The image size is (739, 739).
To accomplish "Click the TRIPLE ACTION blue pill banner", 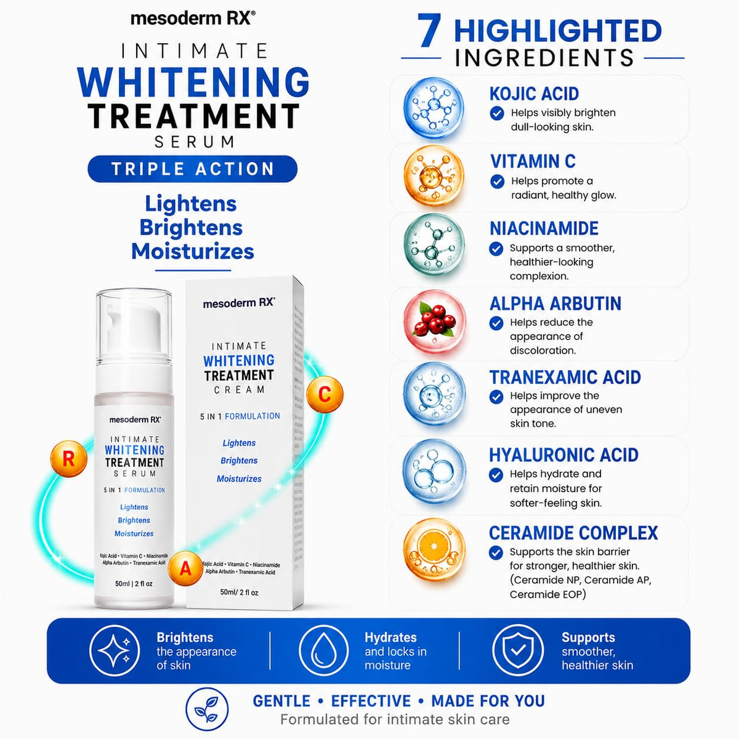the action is (x=192, y=169).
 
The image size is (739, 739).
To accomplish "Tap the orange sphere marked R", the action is (x=69, y=459).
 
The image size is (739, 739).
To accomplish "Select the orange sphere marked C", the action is (x=325, y=394).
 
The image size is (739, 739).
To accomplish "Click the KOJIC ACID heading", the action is (x=534, y=94).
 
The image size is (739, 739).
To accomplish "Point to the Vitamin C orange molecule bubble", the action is (x=434, y=176).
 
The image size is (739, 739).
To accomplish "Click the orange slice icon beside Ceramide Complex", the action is (x=434, y=549).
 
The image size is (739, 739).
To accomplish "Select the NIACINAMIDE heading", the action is (x=544, y=228).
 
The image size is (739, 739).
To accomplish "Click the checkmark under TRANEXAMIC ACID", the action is (x=496, y=397).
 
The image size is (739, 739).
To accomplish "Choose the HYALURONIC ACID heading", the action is (x=563, y=455).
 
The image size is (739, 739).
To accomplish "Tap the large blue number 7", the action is (x=429, y=31).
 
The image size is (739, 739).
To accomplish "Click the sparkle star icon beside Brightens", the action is (x=115, y=651).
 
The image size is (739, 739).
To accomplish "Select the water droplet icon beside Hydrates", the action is (x=323, y=651).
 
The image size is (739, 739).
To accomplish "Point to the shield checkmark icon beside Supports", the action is (x=518, y=651).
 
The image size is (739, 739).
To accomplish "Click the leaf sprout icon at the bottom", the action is (x=207, y=709).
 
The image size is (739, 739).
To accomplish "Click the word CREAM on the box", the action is (x=240, y=390).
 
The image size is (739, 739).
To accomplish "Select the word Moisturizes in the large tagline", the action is (x=193, y=252).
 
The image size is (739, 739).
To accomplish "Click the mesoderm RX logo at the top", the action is (x=193, y=18).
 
